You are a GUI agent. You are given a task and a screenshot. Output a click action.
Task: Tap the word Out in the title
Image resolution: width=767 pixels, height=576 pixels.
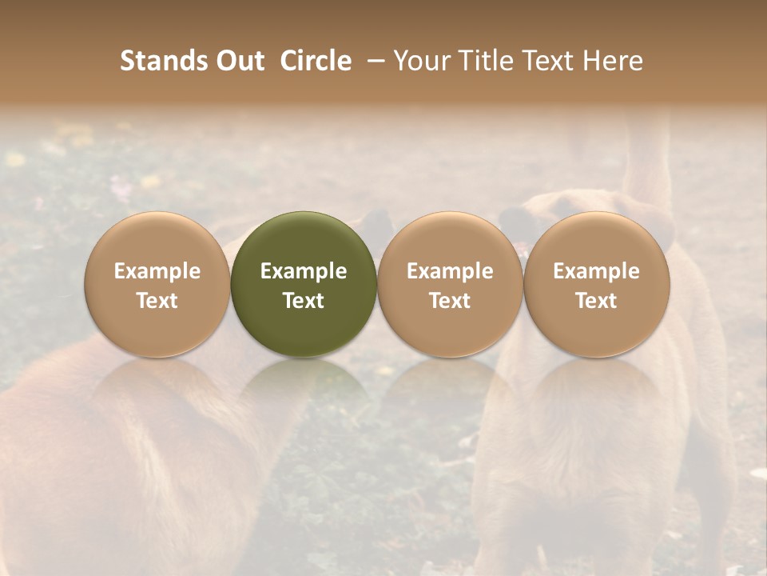pos(239,61)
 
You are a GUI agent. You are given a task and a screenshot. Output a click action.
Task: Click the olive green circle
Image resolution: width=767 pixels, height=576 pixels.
pos(304,240)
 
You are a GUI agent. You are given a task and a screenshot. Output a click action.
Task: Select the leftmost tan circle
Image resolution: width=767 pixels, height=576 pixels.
pos(157,240)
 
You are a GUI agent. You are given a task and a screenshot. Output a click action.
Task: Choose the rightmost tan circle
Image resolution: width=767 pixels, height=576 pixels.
pos(597,240)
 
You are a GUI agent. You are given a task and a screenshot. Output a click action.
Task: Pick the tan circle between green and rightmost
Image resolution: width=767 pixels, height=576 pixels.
pos(450,240)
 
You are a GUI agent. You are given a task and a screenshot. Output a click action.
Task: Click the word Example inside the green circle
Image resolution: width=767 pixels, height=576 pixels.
pos(304,271)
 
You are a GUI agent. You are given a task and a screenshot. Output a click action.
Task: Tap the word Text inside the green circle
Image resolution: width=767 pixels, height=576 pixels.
pos(304,301)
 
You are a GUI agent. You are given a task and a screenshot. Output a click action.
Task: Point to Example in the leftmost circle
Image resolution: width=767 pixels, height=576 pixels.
pos(157,271)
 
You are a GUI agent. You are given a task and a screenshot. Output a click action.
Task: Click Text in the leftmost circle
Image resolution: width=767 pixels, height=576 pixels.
pos(157,301)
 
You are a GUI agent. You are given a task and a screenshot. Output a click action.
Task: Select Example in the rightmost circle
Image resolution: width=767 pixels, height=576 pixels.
pos(597,271)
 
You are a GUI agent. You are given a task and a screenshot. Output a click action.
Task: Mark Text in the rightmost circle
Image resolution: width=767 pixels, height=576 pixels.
pos(597,301)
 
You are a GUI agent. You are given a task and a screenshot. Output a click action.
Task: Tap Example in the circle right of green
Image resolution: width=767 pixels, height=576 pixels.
pos(450,271)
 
